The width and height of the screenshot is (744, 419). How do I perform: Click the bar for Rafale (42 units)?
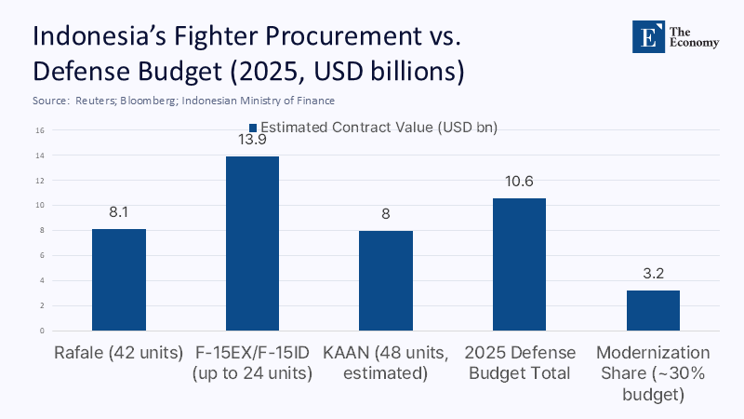tap(118, 279)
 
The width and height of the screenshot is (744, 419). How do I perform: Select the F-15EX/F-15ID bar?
tap(252, 243)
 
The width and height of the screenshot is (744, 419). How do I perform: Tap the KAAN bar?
tap(386, 280)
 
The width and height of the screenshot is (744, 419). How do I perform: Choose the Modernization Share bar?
tap(653, 310)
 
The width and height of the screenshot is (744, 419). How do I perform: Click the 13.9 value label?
tap(252, 139)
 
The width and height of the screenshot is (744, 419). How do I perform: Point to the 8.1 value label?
tap(118, 212)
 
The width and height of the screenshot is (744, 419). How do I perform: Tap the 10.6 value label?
tap(519, 181)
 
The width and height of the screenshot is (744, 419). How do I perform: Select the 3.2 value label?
tap(653, 274)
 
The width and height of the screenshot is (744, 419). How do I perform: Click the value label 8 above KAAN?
tap(386, 213)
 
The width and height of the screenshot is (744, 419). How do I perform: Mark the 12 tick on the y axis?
tap(42, 180)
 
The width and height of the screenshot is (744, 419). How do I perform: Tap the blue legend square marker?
tap(252, 128)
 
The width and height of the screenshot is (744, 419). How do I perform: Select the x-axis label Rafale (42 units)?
tap(118, 354)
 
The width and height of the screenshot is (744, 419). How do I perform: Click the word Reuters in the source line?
tap(92, 100)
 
